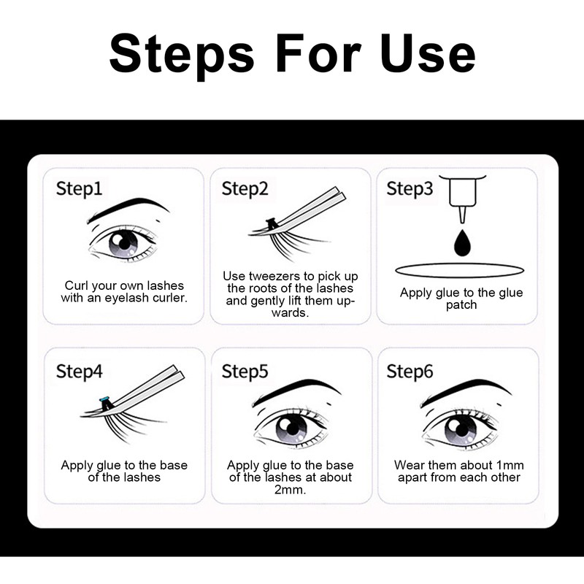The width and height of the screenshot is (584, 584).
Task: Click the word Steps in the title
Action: click(x=182, y=53)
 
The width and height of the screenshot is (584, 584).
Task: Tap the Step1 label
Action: click(x=80, y=189)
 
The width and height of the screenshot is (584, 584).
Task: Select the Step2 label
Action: click(x=245, y=189)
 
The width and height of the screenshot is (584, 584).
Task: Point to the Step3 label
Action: click(x=410, y=189)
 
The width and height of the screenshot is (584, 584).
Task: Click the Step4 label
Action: click(x=80, y=371)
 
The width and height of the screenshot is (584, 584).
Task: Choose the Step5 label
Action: click(x=245, y=371)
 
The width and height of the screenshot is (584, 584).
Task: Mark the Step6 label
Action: click(x=410, y=371)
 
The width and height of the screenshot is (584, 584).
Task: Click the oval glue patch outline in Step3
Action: click(x=460, y=271)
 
